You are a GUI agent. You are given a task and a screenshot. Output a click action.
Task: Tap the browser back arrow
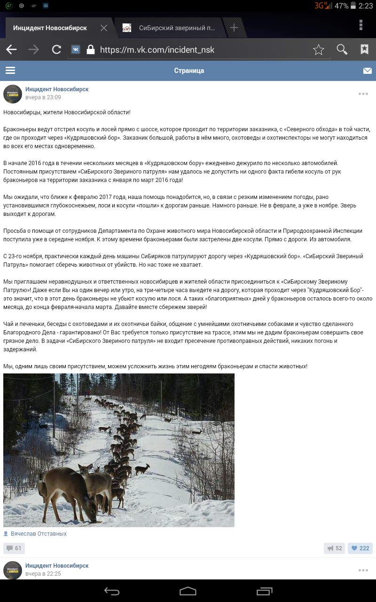click(11, 50)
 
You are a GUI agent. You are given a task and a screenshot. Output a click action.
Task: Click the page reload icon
click(56, 50)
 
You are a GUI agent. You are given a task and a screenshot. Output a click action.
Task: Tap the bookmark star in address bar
click(319, 50)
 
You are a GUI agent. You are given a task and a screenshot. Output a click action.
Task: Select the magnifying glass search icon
click(342, 50)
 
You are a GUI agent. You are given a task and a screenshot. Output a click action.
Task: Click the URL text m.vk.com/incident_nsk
click(157, 50)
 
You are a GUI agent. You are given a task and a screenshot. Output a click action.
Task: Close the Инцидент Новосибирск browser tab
click(104, 28)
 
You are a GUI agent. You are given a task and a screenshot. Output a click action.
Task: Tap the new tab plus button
click(234, 28)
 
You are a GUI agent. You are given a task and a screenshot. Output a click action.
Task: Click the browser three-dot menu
click(360, 25)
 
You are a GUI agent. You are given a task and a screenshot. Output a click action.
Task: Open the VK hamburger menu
click(10, 71)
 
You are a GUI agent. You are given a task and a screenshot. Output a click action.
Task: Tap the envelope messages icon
click(367, 71)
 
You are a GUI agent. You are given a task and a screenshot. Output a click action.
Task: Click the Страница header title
click(189, 71)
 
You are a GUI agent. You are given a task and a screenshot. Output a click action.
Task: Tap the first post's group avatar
click(13, 94)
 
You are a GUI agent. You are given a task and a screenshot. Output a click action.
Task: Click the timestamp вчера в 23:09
click(43, 97)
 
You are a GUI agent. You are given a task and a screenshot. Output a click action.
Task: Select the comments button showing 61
click(14, 548)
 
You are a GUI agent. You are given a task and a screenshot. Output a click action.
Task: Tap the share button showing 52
click(335, 548)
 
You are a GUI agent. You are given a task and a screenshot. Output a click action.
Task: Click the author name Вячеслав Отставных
click(39, 534)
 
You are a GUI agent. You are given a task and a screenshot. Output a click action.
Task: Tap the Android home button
click(188, 591)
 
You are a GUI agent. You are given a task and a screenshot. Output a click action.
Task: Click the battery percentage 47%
click(342, 6)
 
